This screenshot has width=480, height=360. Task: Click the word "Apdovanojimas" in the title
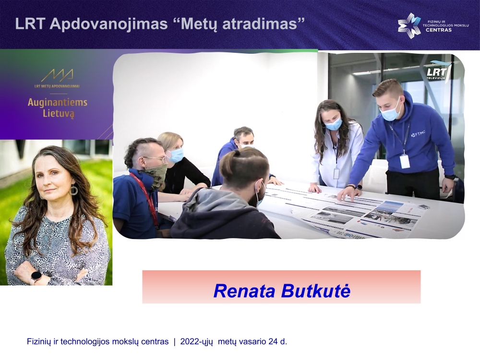point(108,24)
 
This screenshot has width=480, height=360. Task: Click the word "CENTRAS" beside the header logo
point(439,30)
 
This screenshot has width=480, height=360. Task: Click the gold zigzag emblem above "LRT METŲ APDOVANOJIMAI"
point(57,75)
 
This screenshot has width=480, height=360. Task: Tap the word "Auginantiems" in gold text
point(58,102)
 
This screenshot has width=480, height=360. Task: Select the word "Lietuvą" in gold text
point(58,114)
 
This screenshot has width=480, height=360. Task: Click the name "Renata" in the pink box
point(244,291)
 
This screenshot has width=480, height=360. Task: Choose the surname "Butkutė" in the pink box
point(316,291)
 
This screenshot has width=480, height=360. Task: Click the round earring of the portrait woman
point(73,191)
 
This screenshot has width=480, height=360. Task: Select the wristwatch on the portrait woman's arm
point(36,277)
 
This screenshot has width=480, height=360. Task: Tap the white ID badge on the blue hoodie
point(405,161)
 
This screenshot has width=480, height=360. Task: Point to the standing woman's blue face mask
point(333,123)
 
